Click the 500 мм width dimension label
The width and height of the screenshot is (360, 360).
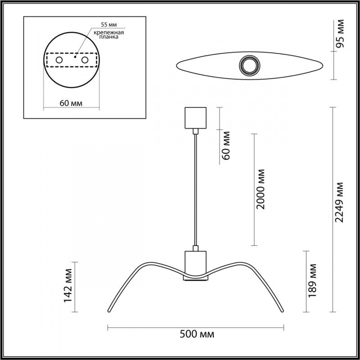coord(197,335)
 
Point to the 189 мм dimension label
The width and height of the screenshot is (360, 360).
coord(315,281)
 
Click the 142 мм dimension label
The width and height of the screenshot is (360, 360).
coord(69,287)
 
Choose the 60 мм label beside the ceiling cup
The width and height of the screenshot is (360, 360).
coord(227,145)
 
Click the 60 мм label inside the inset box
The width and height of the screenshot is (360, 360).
coord(71,103)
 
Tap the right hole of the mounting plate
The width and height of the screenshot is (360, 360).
coord(84,60)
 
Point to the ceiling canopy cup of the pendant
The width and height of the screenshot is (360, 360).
coord(195,117)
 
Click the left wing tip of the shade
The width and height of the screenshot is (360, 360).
coord(108,311)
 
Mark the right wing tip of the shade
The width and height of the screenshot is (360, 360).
coord(283,311)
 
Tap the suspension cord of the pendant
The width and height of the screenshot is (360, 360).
coord(195,189)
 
